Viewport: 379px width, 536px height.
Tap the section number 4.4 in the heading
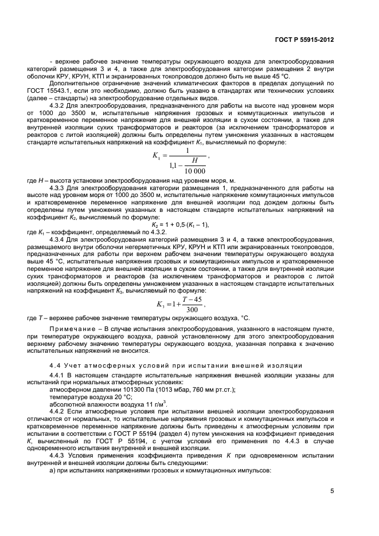pos(55,365)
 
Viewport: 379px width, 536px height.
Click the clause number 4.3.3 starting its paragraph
pos(58,188)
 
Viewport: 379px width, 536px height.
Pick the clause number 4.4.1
pos(58,375)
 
